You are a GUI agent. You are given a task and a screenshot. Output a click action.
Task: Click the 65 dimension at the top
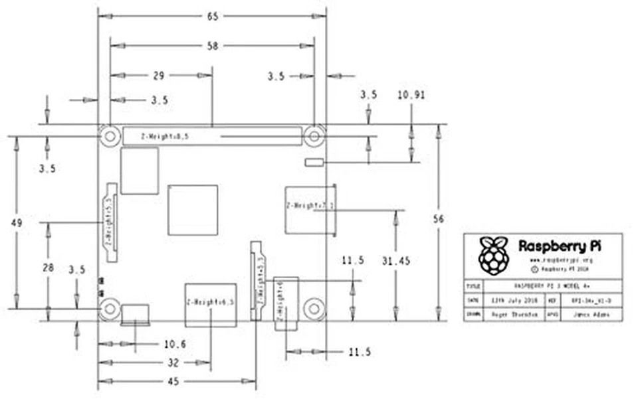(212, 17)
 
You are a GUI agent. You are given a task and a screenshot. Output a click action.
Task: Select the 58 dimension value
(212, 46)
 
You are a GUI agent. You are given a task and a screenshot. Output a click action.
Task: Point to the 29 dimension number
(158, 76)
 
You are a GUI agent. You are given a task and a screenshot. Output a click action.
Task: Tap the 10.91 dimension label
(411, 95)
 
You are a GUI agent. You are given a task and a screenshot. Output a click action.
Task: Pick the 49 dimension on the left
(16, 223)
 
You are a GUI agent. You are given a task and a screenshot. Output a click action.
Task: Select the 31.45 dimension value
(395, 262)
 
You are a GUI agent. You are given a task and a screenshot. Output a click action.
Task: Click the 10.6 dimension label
(174, 344)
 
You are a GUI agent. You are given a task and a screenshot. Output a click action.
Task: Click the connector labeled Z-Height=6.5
(209, 304)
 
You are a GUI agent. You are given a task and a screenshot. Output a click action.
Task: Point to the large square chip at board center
(193, 210)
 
